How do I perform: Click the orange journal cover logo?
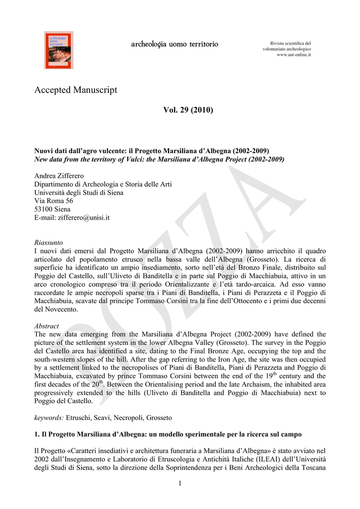59,50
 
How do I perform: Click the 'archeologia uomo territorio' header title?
174,45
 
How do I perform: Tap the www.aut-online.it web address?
293,55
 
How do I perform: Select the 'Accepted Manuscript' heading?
76,90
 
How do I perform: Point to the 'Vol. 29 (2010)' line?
187,109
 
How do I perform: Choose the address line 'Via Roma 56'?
53,201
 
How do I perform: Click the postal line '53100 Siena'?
52,209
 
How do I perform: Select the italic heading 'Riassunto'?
48,243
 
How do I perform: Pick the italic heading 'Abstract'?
46,326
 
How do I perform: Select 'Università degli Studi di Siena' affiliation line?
79,193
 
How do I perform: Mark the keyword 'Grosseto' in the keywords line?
159,419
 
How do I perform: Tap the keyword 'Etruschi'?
80,419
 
